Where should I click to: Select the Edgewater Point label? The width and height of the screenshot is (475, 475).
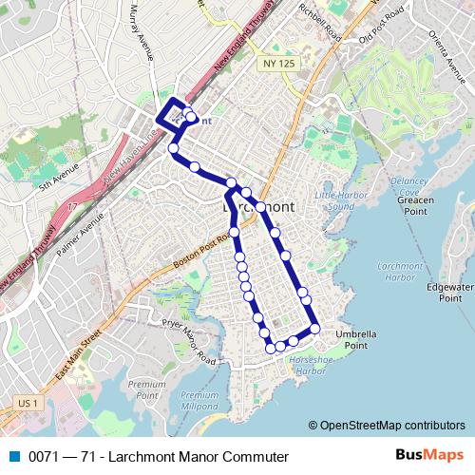click(x=450, y=292)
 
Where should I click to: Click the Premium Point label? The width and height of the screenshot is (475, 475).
click(x=142, y=389)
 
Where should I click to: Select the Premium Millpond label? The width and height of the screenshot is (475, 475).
click(x=199, y=400)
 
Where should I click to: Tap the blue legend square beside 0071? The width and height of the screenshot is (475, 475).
click(x=12, y=457)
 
